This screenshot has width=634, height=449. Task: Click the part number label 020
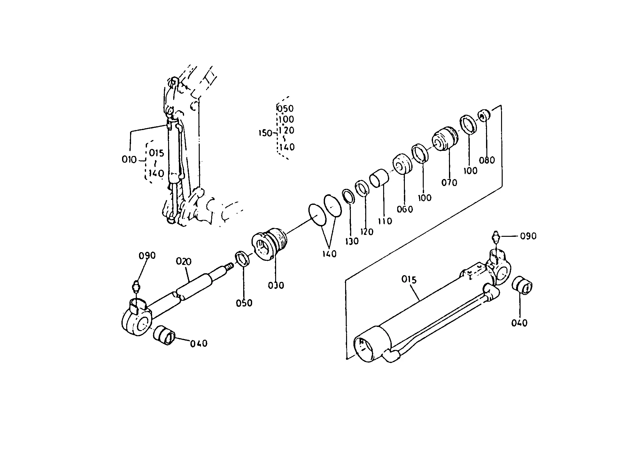(184, 262)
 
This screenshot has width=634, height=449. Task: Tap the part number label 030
(276, 285)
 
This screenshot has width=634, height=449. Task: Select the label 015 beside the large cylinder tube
(409, 280)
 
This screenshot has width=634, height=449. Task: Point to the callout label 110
(385, 221)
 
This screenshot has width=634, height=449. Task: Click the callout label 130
(352, 241)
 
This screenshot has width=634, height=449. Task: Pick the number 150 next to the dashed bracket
(265, 133)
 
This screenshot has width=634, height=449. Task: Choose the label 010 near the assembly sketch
(129, 159)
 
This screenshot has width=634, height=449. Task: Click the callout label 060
(405, 209)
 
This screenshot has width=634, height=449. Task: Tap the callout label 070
(449, 183)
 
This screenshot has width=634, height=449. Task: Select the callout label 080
(487, 160)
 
